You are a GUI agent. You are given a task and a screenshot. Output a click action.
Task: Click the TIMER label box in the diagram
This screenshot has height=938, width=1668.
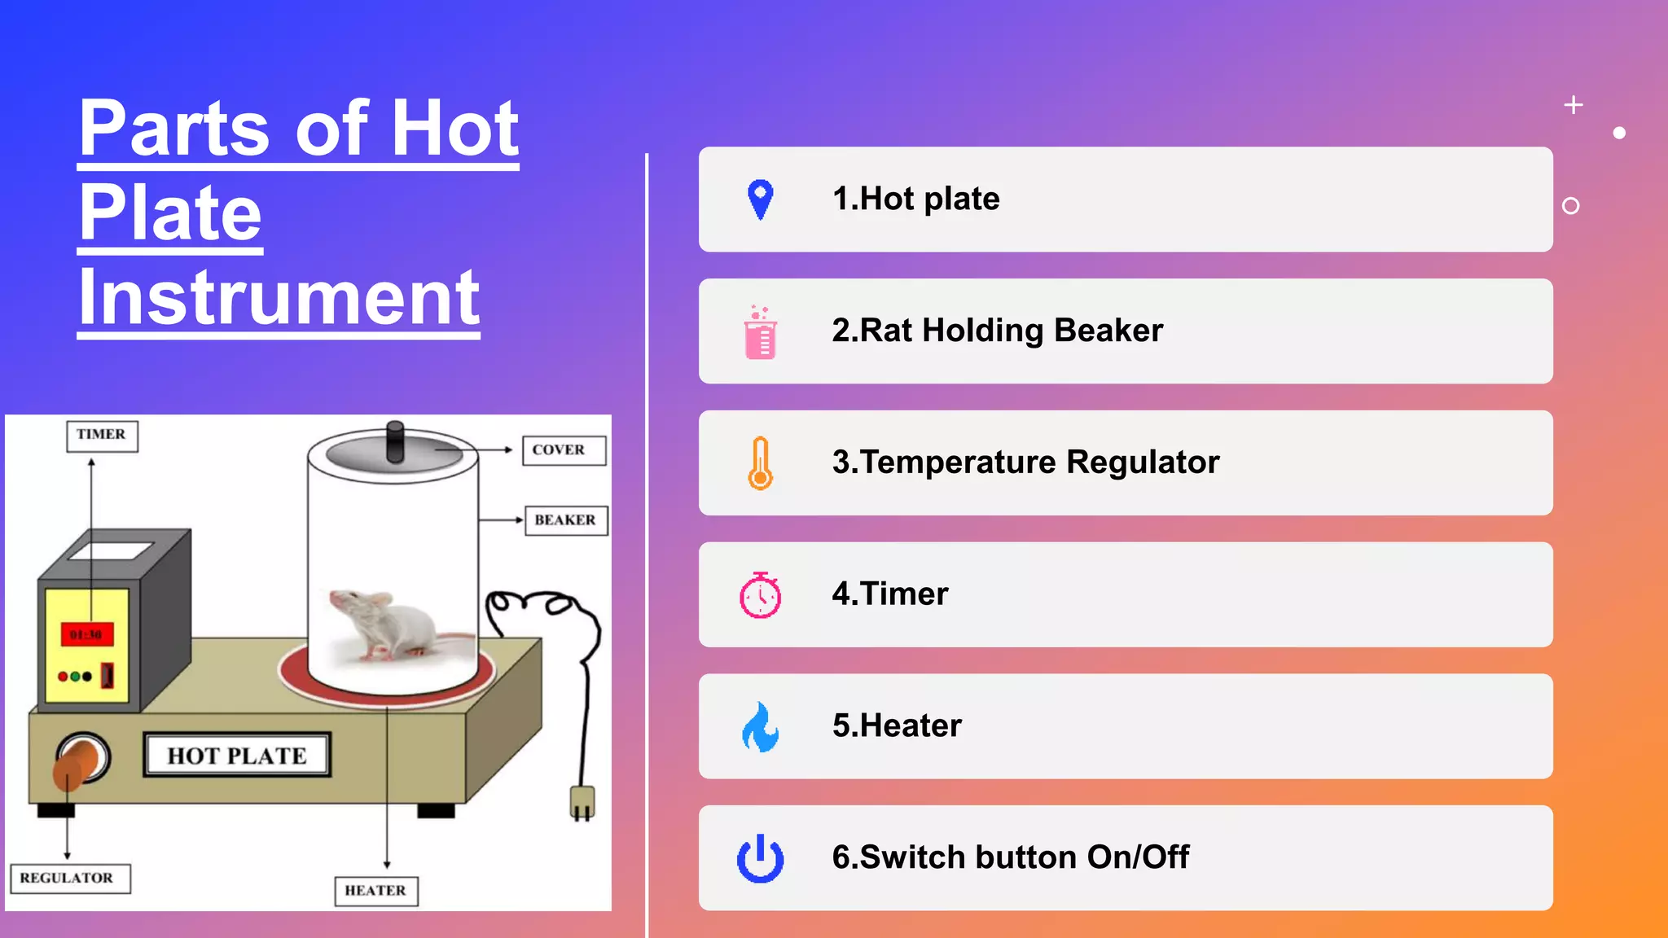coord(102,436)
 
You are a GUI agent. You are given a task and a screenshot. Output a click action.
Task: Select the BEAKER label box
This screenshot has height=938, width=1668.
coord(567,520)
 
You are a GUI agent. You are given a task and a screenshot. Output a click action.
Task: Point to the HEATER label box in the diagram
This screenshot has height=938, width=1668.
coord(376,891)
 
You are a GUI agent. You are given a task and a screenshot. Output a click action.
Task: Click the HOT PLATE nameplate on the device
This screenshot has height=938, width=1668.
coord(237,756)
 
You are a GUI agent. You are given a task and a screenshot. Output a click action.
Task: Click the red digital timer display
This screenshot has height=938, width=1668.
coord(86,634)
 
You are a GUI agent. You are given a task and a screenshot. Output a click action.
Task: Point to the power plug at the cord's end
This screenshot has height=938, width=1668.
coord(582,802)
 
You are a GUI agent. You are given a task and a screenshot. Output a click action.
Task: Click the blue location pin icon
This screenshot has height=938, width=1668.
coord(760,199)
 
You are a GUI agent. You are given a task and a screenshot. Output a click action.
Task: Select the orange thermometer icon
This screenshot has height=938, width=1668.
coord(760,463)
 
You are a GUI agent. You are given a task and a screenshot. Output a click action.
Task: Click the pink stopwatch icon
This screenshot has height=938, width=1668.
coord(760,595)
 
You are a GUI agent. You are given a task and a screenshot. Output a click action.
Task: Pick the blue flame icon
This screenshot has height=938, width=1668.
coord(760,727)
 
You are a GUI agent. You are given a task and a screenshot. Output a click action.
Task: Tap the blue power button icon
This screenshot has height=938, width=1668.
coord(760,859)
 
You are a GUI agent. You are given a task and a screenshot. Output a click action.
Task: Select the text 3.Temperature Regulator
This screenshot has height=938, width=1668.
coord(1025,462)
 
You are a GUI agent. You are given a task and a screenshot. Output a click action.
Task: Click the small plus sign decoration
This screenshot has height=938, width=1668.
coord(1574,105)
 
